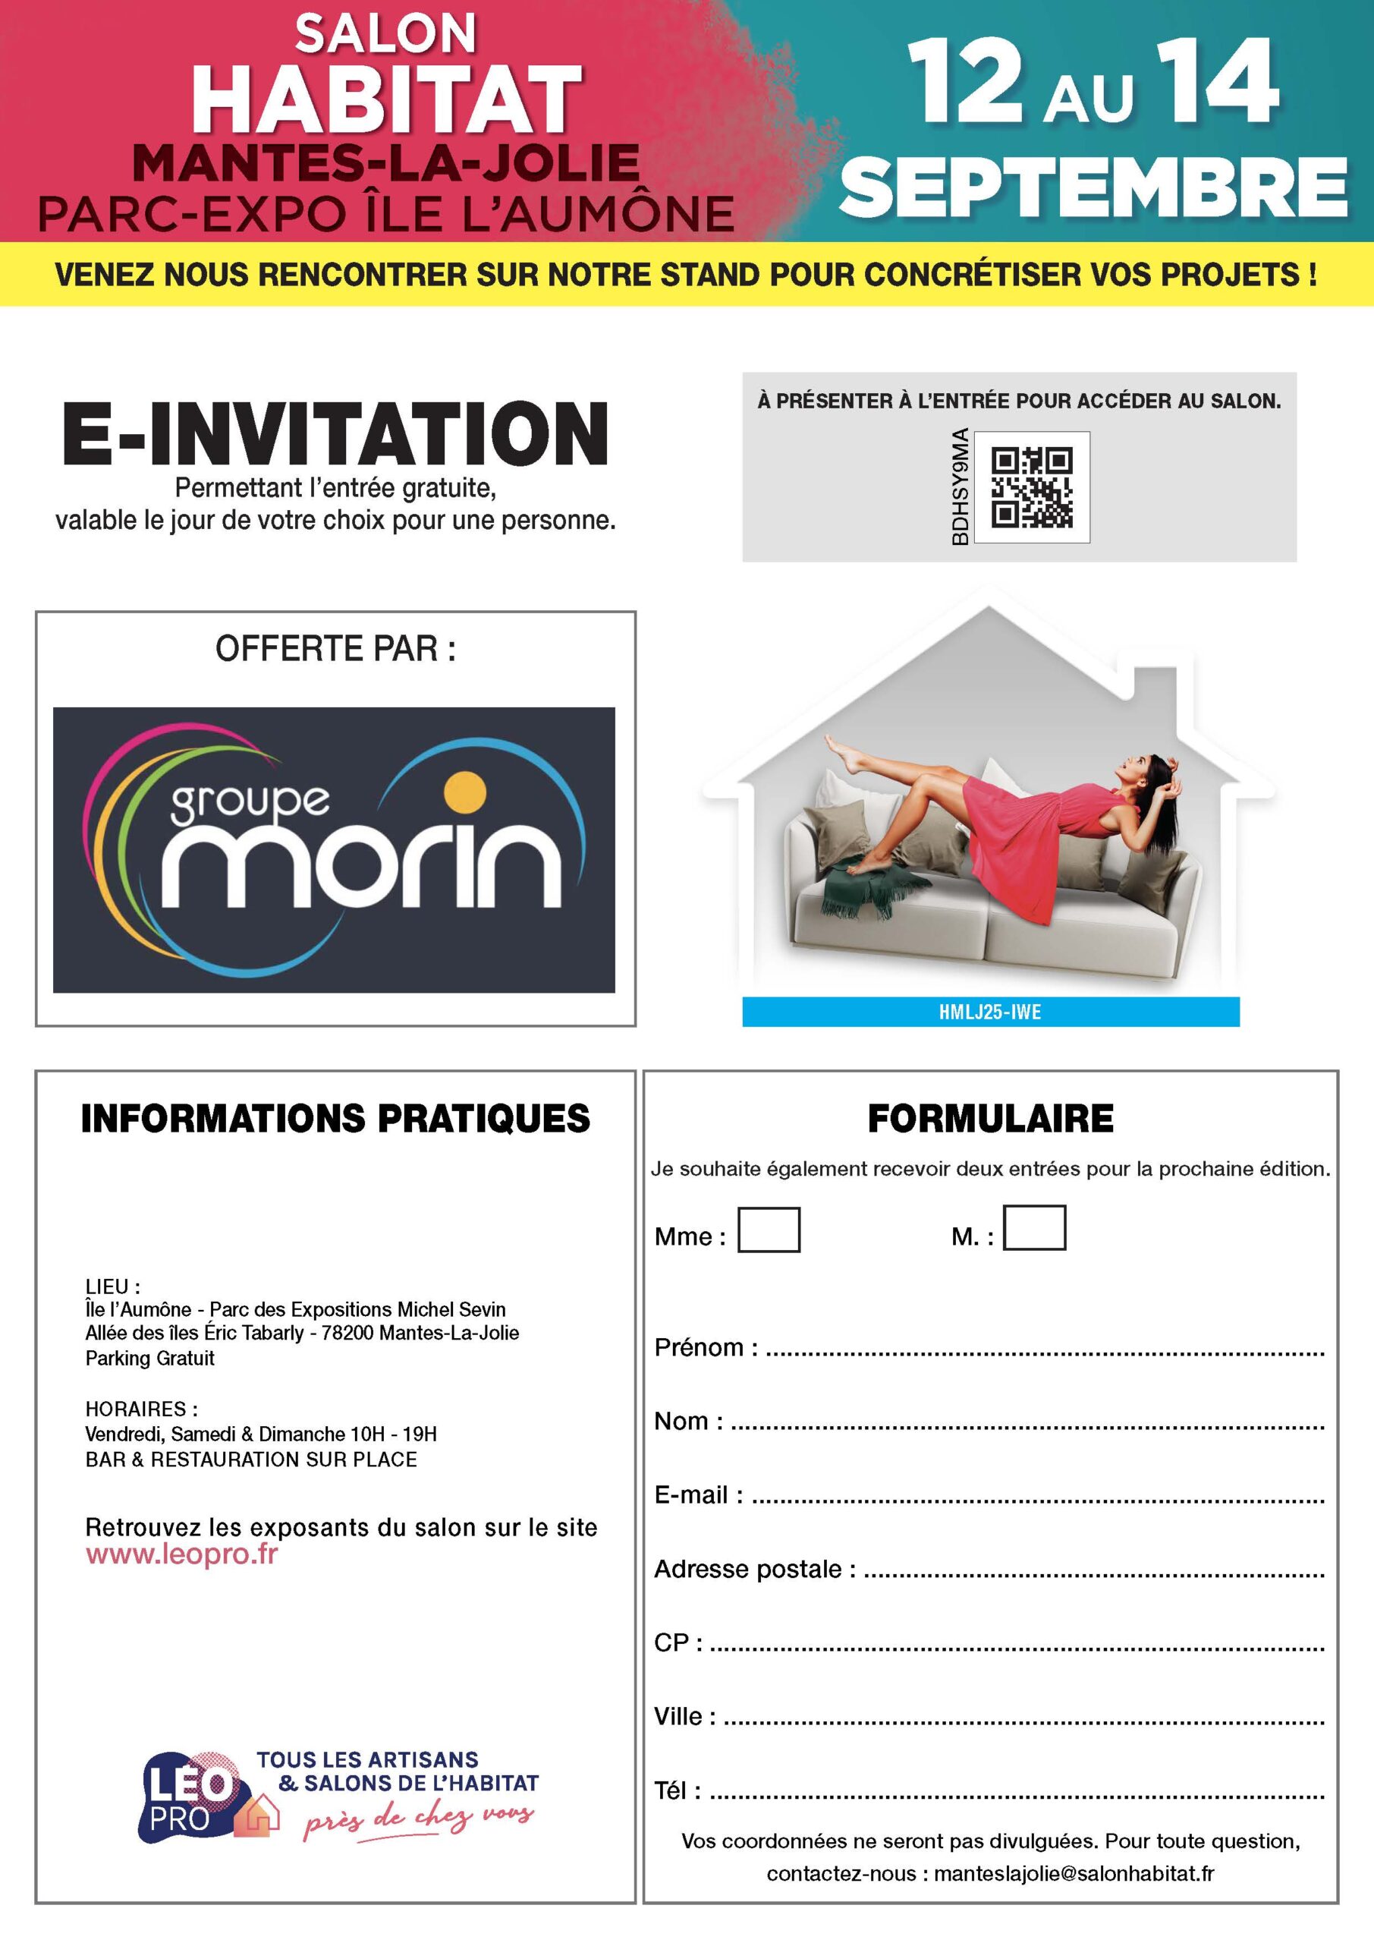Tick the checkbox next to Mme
coord(769,1230)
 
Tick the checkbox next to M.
coord(1034,1228)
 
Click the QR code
coord(1031,487)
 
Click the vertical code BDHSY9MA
coord(960,487)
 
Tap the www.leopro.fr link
coord(181,1554)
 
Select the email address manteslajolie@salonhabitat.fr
coord(1074,1874)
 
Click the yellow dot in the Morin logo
coord(465,793)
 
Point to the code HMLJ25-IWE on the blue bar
coord(990,1012)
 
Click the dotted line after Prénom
coord(1044,1352)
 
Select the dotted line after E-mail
coord(1037,1501)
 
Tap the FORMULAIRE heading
coord(990,1119)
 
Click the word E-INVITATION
coord(335,433)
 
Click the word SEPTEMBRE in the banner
coord(1093,188)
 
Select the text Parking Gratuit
coord(149,1359)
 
